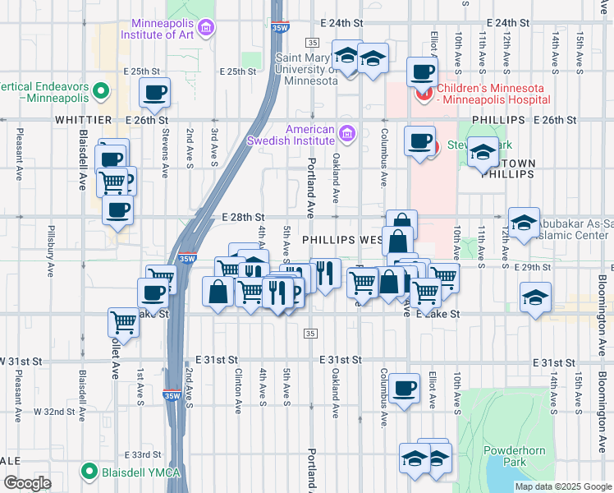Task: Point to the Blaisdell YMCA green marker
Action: pyautogui.click(x=89, y=472)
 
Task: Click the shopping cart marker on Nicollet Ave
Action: pyautogui.click(x=123, y=322)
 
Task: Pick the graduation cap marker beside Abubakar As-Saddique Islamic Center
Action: pyautogui.click(x=523, y=221)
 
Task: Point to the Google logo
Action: pyautogui.click(x=27, y=483)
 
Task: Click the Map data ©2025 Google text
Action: pyautogui.click(x=563, y=486)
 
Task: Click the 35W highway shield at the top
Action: pyautogui.click(x=279, y=27)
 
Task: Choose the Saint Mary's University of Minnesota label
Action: pyautogui.click(x=306, y=69)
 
